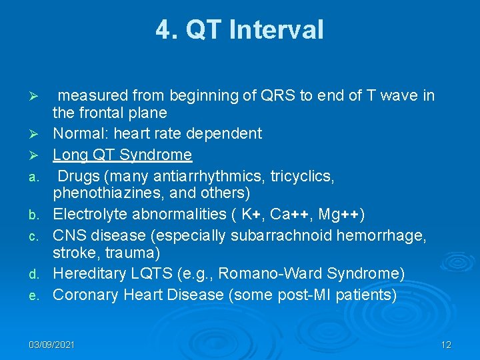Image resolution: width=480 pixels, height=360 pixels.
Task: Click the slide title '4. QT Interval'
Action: (240, 30)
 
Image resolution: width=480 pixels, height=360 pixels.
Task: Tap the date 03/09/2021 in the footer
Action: (51, 345)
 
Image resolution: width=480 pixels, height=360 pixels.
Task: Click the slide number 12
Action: (446, 345)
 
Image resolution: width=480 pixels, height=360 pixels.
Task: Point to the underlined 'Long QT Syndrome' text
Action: (122, 155)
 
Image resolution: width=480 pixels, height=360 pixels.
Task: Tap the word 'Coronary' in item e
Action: (83, 295)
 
